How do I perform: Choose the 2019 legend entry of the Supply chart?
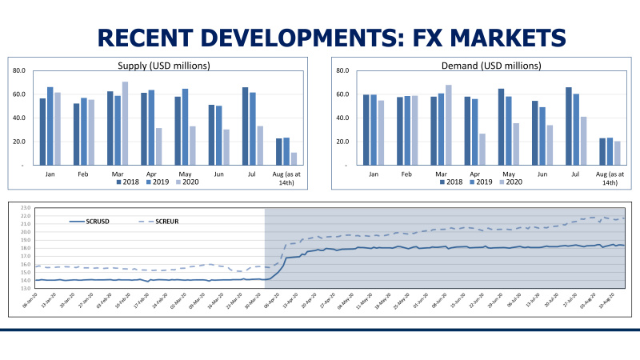pyautogui.click(x=154, y=182)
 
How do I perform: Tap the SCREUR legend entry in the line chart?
pyautogui.click(x=166, y=222)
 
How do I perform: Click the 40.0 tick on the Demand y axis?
pyautogui.click(x=339, y=118)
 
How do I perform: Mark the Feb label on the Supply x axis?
pyautogui.click(x=83, y=173)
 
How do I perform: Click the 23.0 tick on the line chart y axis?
pyautogui.click(x=26, y=206)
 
